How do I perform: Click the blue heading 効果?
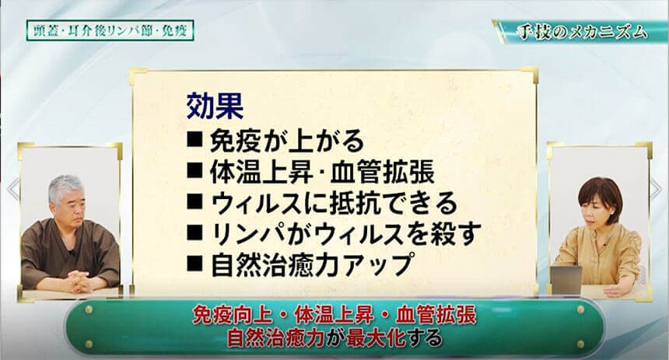215,107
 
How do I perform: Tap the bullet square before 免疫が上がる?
194,140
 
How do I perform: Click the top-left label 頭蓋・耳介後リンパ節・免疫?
110,30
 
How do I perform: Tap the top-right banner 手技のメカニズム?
583,33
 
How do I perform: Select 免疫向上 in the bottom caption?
233,316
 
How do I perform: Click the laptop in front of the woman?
566,281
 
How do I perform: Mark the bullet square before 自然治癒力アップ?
194,264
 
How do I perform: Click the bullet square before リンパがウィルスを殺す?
194,233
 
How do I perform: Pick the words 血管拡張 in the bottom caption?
436,316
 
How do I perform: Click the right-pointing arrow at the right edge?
656,188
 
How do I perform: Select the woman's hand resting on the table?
615,291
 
